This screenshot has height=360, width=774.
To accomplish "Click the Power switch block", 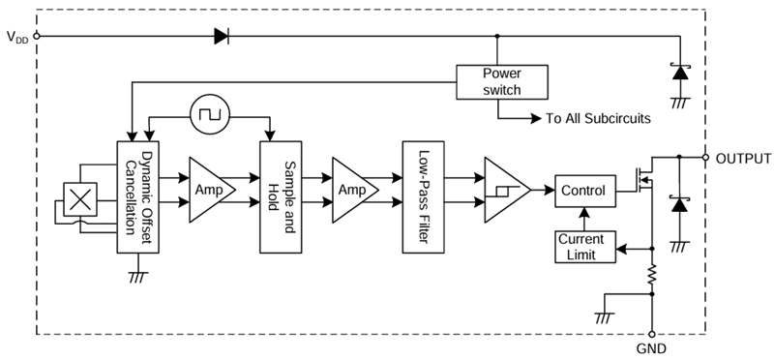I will tap(501, 81).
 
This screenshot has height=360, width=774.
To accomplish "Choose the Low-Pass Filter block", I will tap(423, 196).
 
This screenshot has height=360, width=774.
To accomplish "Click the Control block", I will tap(582, 192).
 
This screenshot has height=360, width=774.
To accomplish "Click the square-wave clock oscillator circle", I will tap(207, 115).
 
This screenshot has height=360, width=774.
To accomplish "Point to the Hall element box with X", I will tap(80, 198).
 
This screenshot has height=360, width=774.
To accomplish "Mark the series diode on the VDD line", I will tap(221, 38).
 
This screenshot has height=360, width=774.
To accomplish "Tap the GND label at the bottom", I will tap(651, 347).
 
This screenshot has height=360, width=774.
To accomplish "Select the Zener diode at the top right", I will tap(680, 72).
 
